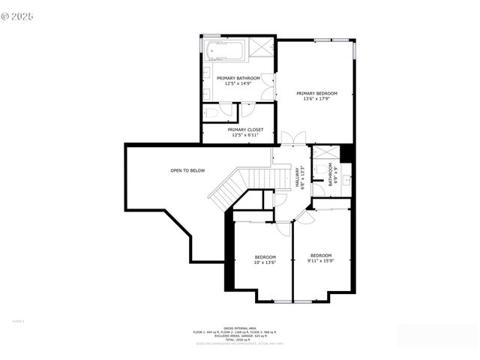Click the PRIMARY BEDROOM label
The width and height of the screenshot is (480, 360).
click(x=316, y=93)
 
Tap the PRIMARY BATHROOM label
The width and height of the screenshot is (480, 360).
click(x=238, y=78)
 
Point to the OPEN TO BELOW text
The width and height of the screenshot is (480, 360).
click(x=187, y=170)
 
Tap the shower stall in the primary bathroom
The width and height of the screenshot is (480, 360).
click(x=262, y=46)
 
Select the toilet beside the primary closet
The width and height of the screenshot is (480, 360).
click(x=213, y=112)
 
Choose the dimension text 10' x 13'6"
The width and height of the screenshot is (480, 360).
click(x=264, y=262)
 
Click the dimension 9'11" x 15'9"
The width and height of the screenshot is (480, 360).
click(x=320, y=260)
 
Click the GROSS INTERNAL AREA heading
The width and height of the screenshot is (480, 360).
click(x=239, y=327)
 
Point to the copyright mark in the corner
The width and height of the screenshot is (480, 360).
click(x=18, y=15)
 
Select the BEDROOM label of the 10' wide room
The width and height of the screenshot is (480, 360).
click(x=264, y=256)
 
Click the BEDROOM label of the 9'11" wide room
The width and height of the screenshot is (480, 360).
click(x=320, y=254)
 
